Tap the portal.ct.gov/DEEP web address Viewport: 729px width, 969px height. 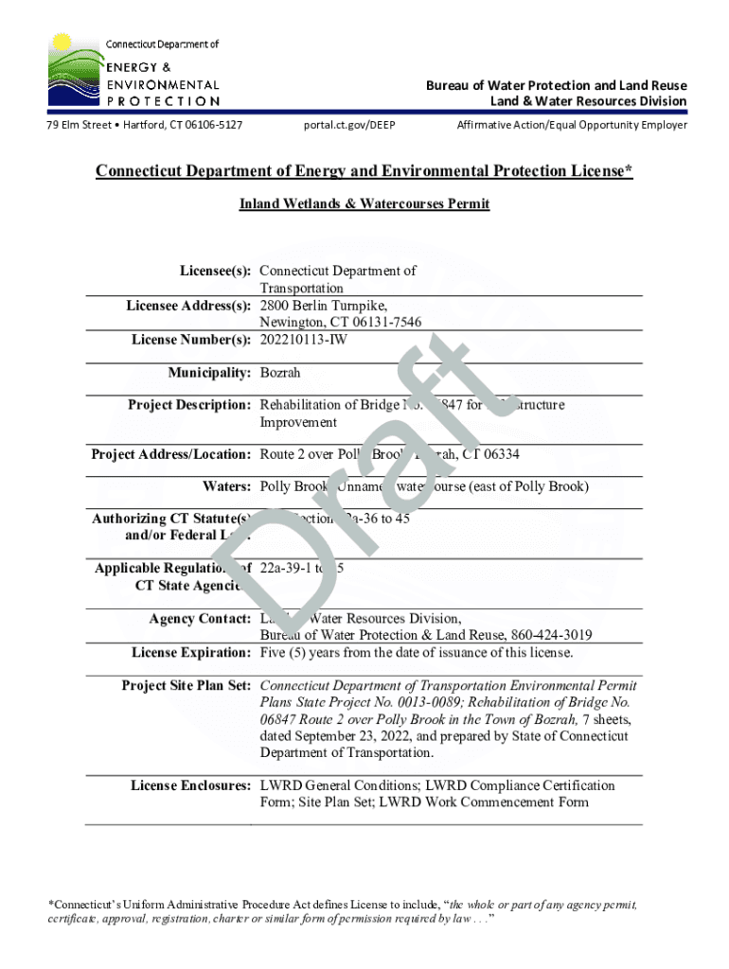click(x=349, y=125)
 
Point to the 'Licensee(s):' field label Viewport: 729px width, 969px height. click(x=216, y=271)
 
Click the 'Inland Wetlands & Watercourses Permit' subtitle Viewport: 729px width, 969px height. click(x=364, y=203)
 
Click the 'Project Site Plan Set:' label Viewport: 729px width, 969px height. click(x=186, y=685)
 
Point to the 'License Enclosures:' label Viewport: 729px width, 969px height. click(x=190, y=785)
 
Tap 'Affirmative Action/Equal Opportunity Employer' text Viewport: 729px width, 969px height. click(x=572, y=125)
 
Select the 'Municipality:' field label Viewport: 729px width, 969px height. click(x=209, y=374)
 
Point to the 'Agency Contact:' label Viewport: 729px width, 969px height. click(x=200, y=619)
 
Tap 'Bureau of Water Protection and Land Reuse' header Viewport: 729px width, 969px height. click(x=556, y=85)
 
